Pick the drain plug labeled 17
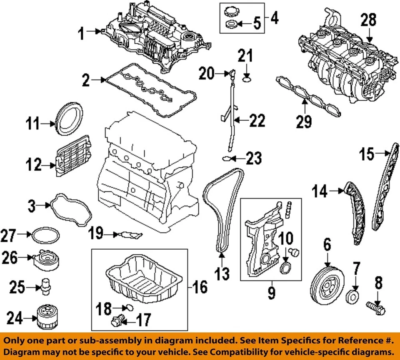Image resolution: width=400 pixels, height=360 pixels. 117,321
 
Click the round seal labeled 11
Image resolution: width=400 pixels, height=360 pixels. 70,120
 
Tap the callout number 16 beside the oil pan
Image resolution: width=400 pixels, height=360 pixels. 200,287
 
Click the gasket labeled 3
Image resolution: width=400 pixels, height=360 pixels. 71,208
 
